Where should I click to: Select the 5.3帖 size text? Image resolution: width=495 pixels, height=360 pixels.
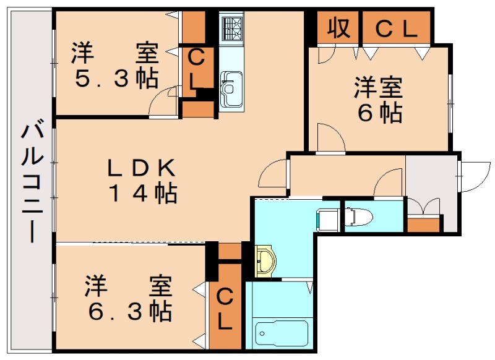[116, 79]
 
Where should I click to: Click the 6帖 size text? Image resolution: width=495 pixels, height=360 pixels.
[378, 113]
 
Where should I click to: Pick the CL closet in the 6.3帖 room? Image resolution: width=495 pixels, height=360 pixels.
[225, 309]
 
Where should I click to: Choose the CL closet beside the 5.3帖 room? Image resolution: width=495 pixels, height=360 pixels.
[196, 69]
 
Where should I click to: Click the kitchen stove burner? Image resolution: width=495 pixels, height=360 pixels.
[232, 28]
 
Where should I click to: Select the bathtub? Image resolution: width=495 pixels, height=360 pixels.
[282, 335]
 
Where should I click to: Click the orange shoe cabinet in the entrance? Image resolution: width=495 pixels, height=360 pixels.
[425, 223]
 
